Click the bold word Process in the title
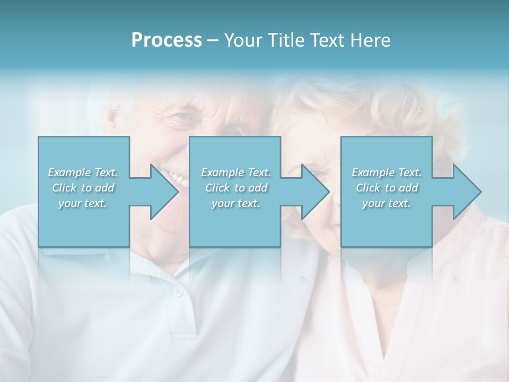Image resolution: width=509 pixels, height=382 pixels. pyautogui.click(x=166, y=40)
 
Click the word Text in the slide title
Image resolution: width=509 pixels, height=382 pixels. pyautogui.click(x=326, y=40)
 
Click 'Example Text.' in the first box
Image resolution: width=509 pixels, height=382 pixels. pyautogui.click(x=83, y=172)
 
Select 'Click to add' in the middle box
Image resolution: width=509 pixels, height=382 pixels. pyautogui.click(x=236, y=188)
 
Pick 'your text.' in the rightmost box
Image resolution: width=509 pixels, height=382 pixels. pyautogui.click(x=387, y=203)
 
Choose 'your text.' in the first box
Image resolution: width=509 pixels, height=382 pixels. pyautogui.click(x=83, y=203)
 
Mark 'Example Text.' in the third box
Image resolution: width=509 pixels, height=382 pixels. pyautogui.click(x=387, y=172)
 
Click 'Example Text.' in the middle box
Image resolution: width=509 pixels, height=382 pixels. pyautogui.click(x=236, y=172)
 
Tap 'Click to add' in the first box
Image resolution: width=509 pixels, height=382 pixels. pyautogui.click(x=83, y=188)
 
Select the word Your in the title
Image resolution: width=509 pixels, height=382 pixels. pyautogui.click(x=242, y=40)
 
